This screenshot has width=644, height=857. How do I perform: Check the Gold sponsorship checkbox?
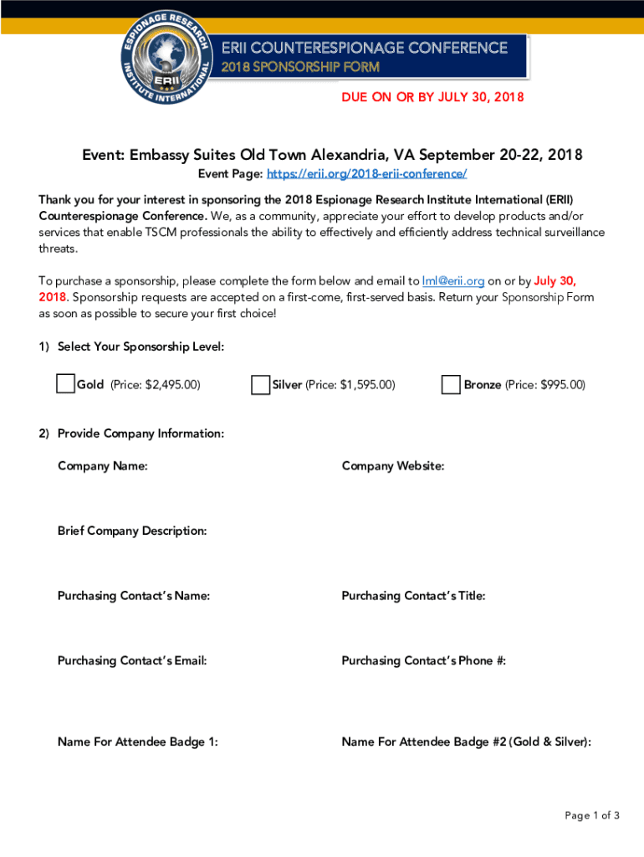click(x=66, y=384)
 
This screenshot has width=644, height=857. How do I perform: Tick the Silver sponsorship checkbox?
click(x=260, y=385)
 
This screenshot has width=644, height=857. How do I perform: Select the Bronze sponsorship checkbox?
click(x=451, y=385)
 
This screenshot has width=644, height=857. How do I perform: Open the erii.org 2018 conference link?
click(x=366, y=174)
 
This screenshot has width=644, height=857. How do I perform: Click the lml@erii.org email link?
click(x=453, y=281)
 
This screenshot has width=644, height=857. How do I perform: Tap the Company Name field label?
click(x=103, y=466)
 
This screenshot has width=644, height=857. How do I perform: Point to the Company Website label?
click(x=393, y=466)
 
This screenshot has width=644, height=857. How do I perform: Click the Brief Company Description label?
click(x=132, y=531)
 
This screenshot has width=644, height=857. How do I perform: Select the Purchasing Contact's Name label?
click(x=134, y=597)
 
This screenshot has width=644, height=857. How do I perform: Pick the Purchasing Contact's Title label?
click(x=413, y=597)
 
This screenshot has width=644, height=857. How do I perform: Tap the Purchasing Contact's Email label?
click(x=132, y=661)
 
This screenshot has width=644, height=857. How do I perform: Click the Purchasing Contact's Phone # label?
click(x=424, y=661)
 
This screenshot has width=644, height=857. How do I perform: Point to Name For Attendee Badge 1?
click(x=138, y=742)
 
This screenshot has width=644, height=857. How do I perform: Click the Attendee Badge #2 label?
click(x=467, y=742)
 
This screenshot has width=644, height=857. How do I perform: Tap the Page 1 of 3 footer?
click(x=592, y=816)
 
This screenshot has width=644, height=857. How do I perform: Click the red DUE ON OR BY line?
click(x=432, y=98)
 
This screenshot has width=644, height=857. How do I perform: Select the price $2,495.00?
click(x=173, y=385)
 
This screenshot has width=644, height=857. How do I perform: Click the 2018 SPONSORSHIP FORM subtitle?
click(x=300, y=67)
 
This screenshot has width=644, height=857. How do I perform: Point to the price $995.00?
click(x=563, y=385)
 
